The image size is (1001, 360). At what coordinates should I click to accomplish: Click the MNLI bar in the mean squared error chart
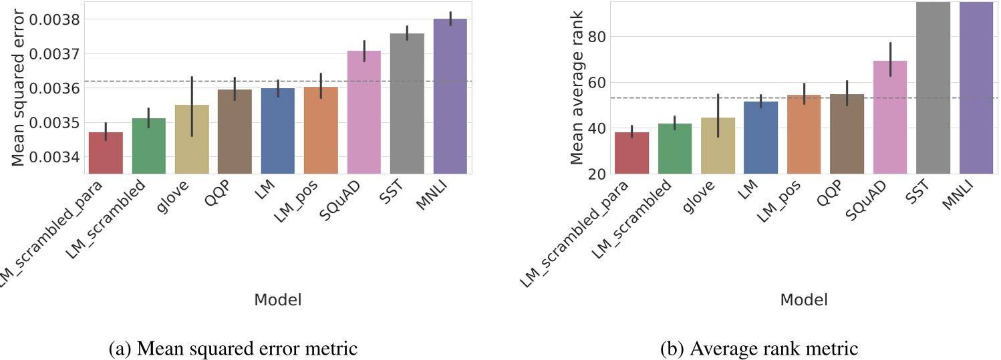tap(450, 97)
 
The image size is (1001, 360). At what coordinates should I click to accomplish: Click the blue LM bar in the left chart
tap(277, 131)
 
